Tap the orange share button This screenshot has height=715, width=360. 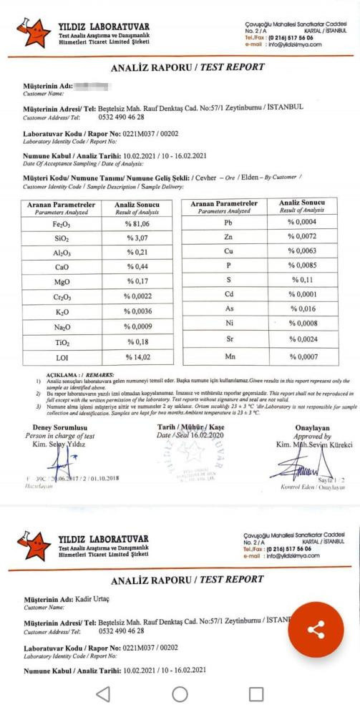tap(316, 630)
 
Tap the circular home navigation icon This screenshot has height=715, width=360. tap(180, 694)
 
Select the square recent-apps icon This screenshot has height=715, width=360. tap(256, 694)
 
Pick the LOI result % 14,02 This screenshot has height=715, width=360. tap(137, 357)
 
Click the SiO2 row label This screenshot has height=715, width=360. tap(61, 238)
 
